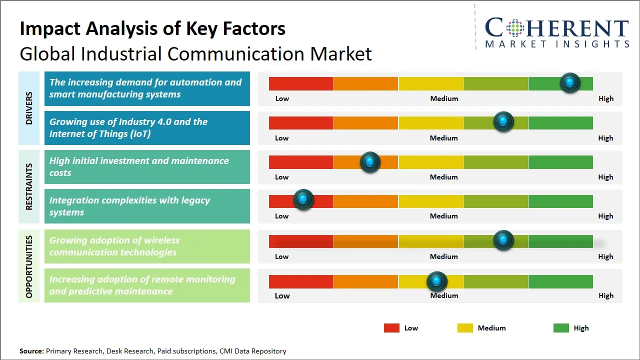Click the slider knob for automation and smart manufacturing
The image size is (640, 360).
point(570,82)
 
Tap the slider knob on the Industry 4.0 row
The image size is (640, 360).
point(503,121)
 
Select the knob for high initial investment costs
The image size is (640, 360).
point(370,162)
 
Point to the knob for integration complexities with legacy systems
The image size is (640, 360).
point(303,199)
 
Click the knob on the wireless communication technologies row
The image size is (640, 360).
point(503,240)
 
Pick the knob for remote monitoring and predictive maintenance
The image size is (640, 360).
point(437,281)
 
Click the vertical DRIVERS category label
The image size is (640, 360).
point(29,108)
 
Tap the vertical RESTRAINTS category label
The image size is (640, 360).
point(29,186)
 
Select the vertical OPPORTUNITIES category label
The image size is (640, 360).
point(29,266)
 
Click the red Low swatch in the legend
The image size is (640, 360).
point(391,328)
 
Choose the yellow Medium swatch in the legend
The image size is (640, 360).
point(465,328)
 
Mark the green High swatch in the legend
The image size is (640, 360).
point(561,328)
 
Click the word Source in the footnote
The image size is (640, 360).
point(31,351)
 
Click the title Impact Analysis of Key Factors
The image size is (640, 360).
point(152,28)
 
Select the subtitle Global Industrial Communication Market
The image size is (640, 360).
point(195,53)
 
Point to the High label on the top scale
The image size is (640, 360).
point(605,98)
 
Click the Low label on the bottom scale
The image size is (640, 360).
point(282,295)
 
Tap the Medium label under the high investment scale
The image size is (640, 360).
point(443,177)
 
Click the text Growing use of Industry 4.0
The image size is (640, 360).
point(128,121)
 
